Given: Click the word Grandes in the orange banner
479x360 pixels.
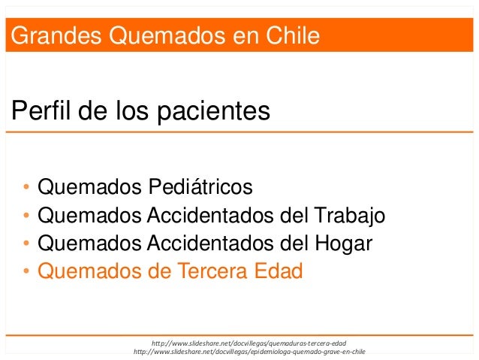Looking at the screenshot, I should pos(47,35).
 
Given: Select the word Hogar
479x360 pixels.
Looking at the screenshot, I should pos(339,243).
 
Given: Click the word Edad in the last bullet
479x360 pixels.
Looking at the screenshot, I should pos(277,270).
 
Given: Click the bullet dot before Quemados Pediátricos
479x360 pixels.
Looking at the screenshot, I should pos(26,186).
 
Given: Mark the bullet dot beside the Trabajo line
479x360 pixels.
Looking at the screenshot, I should pos(26,217).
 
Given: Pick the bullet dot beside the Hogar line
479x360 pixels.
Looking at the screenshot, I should pos(26,244).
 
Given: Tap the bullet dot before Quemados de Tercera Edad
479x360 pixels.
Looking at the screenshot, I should pos(26,271).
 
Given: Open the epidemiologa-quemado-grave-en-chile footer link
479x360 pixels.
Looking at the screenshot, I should pos(248,352).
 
